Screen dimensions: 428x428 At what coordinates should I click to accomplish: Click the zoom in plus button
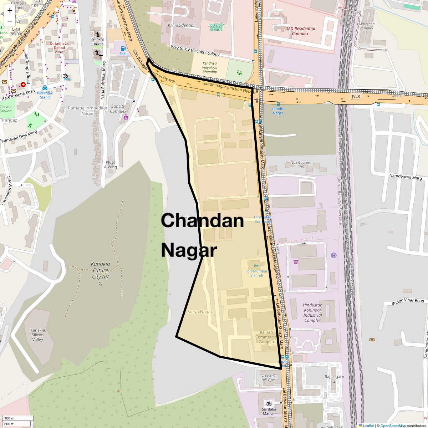10,10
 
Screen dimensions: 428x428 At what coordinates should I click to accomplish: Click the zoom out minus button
10,21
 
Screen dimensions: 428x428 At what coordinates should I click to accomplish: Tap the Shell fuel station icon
123,49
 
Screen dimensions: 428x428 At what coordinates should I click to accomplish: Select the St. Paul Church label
97,42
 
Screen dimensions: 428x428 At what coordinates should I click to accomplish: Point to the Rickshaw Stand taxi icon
45,88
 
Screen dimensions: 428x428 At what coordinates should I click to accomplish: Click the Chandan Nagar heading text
202,235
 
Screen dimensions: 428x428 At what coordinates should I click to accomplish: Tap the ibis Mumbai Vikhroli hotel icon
256,265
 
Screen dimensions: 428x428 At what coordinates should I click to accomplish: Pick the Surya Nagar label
200,312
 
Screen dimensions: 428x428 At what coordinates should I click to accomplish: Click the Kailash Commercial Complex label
266,337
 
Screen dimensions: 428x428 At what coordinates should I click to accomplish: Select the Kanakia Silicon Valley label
37,335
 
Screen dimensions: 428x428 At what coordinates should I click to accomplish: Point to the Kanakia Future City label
101,273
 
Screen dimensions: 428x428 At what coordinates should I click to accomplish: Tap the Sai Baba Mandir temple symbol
269,403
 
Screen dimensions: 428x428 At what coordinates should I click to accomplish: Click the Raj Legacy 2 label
334,379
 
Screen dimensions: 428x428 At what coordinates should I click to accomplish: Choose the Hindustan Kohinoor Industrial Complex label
313,312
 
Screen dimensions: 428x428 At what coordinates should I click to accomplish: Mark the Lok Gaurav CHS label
301,164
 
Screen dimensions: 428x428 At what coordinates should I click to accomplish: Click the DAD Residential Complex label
300,31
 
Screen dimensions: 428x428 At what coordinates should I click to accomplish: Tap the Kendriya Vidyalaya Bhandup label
209,68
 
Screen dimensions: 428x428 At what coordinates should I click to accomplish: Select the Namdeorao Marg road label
406,177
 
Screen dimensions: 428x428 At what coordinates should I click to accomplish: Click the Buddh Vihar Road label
408,301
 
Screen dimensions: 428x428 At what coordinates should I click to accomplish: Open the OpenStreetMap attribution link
393,426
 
